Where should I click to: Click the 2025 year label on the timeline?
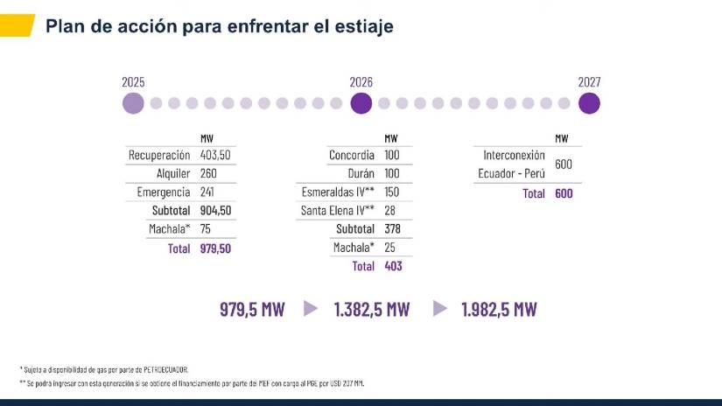133,82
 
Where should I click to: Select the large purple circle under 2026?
361,103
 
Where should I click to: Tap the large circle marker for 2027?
589,103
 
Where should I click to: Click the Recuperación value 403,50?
215,155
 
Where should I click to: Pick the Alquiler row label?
173,173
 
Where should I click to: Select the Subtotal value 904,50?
215,211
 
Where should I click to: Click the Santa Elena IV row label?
338,211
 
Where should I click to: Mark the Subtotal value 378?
392,229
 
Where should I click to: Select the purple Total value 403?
393,266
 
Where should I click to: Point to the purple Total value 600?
564,193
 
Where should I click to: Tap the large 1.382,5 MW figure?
371,309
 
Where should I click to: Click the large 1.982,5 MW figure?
499,309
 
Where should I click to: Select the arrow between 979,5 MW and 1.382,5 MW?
310,308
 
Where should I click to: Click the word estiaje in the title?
360,26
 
